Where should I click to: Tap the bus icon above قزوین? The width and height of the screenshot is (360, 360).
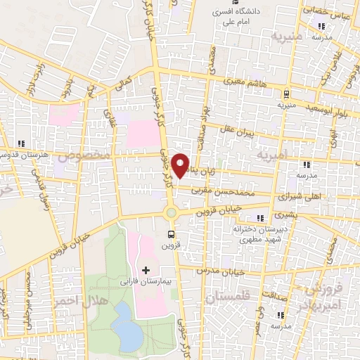[x=172, y=233]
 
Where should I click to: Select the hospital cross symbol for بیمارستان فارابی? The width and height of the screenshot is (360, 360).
[x=146, y=270]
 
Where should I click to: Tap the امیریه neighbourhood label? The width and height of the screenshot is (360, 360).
[x=272, y=153]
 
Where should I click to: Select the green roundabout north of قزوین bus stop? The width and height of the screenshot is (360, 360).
[x=171, y=212]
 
